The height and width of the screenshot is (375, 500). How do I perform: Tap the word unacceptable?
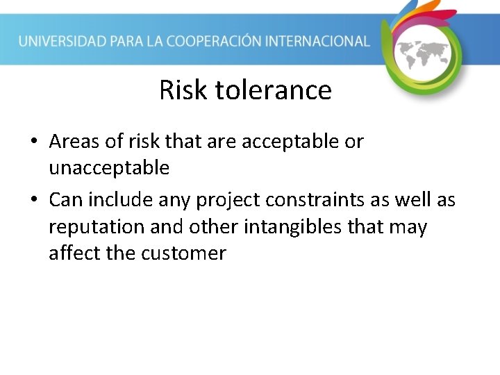coord(109,167)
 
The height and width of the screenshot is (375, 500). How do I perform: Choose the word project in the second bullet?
coord(227,201)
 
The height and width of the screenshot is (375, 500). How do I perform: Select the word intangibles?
coord(310,226)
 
